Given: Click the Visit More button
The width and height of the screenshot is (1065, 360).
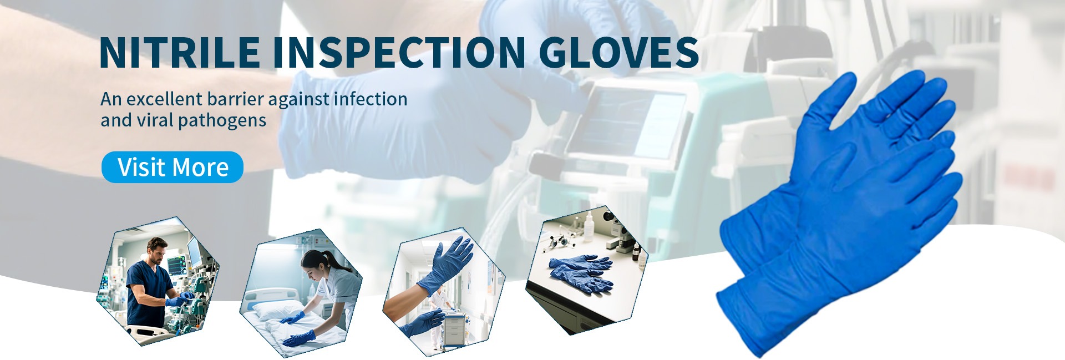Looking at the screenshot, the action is click(x=173, y=167).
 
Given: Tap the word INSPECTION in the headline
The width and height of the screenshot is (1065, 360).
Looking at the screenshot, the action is click(x=398, y=52).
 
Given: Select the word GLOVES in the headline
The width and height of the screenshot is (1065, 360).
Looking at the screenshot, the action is click(x=618, y=52).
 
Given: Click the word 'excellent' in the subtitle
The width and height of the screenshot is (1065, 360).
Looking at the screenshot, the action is click(x=164, y=99).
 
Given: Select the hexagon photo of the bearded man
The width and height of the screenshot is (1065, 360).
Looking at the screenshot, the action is click(x=158, y=281).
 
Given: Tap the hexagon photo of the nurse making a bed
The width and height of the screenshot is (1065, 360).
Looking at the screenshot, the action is click(x=301, y=292).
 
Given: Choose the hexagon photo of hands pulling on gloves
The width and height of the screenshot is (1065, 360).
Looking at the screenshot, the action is click(x=444, y=291).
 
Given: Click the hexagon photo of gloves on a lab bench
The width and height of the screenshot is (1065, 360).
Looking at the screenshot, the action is click(x=587, y=270).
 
